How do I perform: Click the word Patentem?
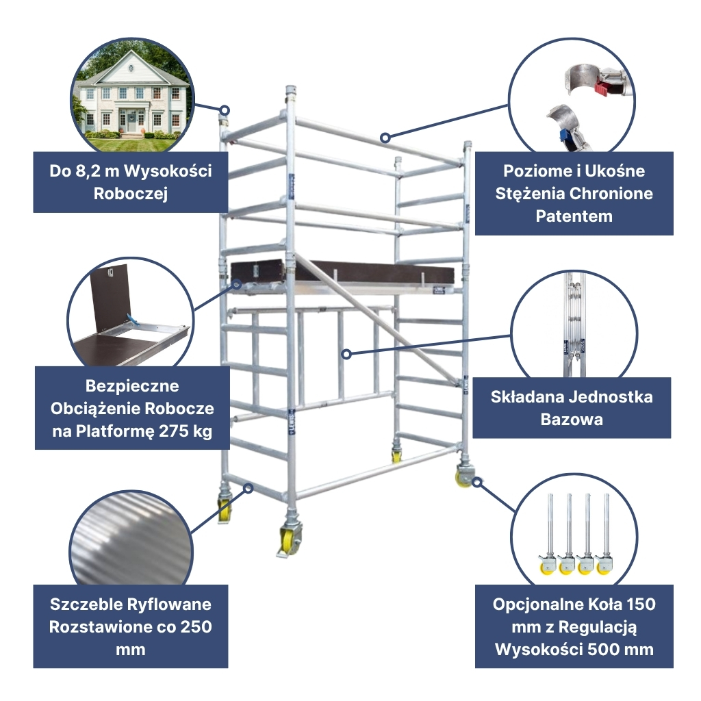pyautogui.click(x=574, y=216)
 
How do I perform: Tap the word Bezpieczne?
pyautogui.click(x=132, y=386)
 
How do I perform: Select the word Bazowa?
pyautogui.click(x=572, y=420)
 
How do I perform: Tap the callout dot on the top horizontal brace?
pyautogui.click(x=385, y=138)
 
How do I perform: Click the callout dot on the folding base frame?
pyautogui.click(x=346, y=354)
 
